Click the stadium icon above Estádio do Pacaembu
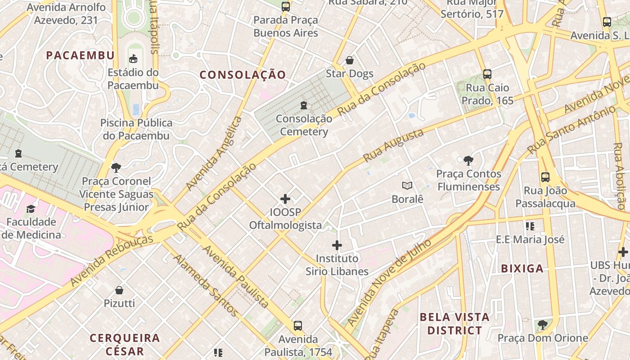click(133, 58)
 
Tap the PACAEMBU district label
click(81, 55)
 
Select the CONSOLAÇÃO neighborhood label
click(243, 75)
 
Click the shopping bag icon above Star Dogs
click(350, 60)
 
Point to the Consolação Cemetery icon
click(304, 105)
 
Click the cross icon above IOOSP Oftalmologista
click(285, 198)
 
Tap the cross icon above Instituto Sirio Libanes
click(337, 245)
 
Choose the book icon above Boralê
click(407, 185)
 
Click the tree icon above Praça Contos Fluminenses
click(468, 160)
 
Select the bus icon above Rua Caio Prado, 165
click(487, 74)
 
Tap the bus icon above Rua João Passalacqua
click(545, 177)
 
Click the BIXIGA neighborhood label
click(522, 269)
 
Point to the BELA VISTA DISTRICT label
click(454, 324)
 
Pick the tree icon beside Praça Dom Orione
click(543, 324)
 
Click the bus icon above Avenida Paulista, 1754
click(297, 326)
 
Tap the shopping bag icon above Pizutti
click(119, 290)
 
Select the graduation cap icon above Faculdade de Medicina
click(31, 209)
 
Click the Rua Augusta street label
click(394, 145)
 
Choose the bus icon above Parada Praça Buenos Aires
click(286, 7)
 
